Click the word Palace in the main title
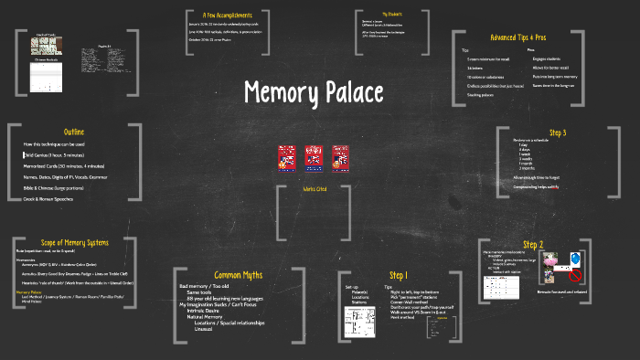(359, 92)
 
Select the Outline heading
(74, 132)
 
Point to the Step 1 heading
(399, 275)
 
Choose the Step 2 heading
(534, 245)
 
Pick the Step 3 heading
(558, 133)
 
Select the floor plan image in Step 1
(356, 321)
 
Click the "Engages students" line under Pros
(547, 58)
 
